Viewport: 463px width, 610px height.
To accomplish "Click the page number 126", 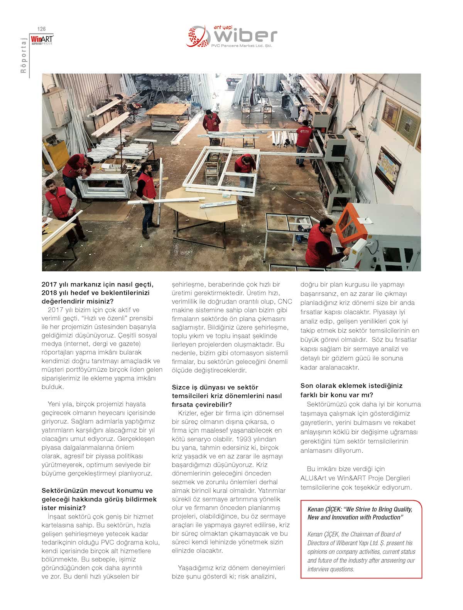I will pyautogui.click(x=41, y=29).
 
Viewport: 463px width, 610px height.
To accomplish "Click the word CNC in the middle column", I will pyautogui.click(x=285, y=301).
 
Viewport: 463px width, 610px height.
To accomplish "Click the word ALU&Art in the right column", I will pyautogui.click(x=312, y=478).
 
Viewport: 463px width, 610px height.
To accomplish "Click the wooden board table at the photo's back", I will pyautogui.click(x=168, y=110).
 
